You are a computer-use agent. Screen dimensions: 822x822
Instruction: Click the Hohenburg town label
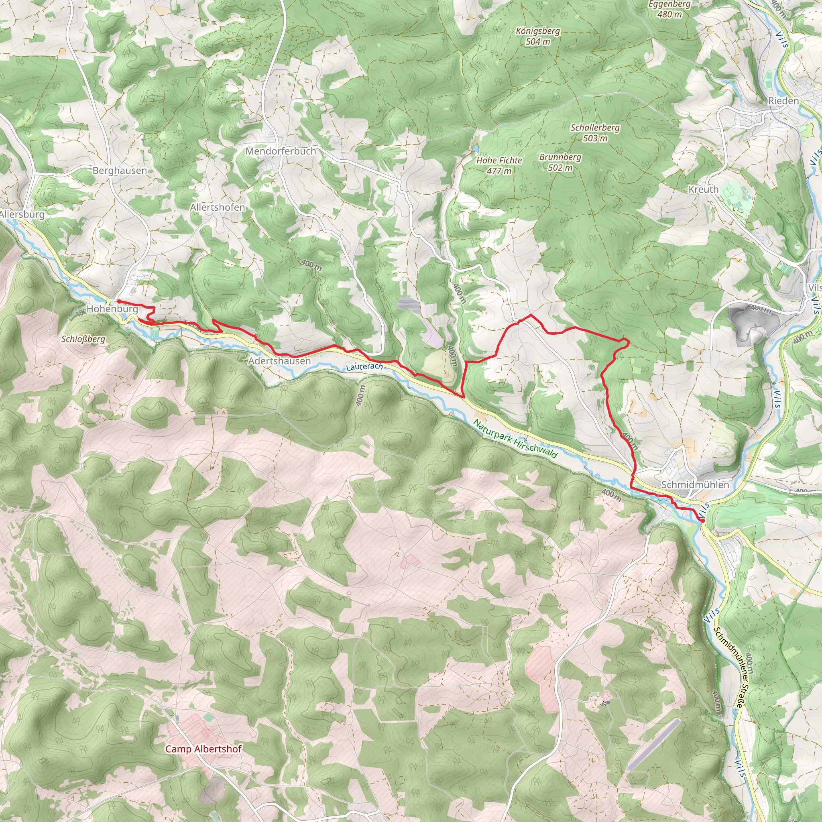[113, 309]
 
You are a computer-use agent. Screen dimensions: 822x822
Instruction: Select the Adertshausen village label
[279, 361]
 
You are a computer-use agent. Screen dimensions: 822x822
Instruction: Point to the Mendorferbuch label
[281, 151]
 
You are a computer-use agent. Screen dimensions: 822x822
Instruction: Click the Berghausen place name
[120, 171]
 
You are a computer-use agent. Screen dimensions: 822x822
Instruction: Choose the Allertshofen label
[218, 207]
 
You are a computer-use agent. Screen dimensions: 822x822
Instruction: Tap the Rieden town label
[783, 101]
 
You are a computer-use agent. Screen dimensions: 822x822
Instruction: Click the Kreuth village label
[703, 189]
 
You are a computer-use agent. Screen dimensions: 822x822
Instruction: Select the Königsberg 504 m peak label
[538, 36]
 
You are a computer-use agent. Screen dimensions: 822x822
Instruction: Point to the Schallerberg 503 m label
[595, 133]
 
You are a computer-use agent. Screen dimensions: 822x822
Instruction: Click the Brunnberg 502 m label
[560, 162]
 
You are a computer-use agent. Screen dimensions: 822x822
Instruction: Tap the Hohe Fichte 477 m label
[499, 165]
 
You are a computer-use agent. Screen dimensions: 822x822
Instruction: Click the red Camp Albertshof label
[203, 749]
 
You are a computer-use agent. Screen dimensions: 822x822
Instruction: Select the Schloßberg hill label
[83, 339]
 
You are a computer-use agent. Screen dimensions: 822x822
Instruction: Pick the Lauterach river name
[364, 367]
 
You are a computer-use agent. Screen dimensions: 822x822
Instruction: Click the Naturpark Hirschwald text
[515, 439]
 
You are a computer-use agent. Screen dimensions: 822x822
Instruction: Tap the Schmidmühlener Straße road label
[728, 667]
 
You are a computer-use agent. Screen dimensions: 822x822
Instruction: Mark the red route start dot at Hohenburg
[119, 301]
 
